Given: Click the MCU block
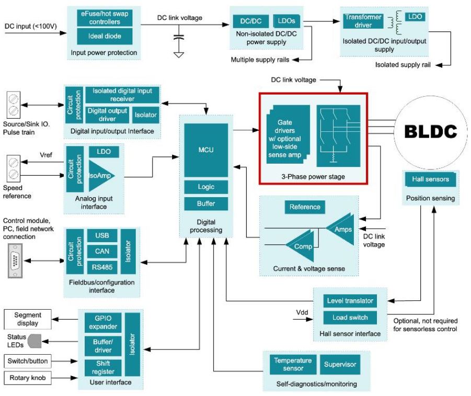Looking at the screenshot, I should [206, 150].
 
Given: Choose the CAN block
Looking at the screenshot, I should [102, 252].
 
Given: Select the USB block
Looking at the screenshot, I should [102, 236].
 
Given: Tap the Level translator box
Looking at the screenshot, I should [350, 301].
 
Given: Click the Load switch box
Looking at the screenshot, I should [350, 317].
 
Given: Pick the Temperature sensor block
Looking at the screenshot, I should [292, 364].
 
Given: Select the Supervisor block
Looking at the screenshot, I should [339, 364].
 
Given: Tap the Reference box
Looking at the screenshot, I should [305, 207].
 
